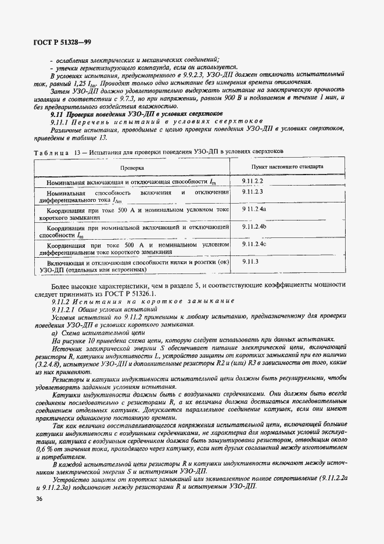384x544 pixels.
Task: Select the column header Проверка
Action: click(x=132, y=167)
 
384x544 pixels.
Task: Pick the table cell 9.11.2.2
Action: click(x=253, y=182)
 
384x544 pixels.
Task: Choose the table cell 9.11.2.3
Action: click(x=253, y=191)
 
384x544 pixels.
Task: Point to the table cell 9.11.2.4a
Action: click(x=254, y=208)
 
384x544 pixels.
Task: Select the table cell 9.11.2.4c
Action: click(x=254, y=244)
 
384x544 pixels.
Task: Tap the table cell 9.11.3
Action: click(x=250, y=262)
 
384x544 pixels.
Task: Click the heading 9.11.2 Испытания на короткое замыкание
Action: click(x=142, y=301)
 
